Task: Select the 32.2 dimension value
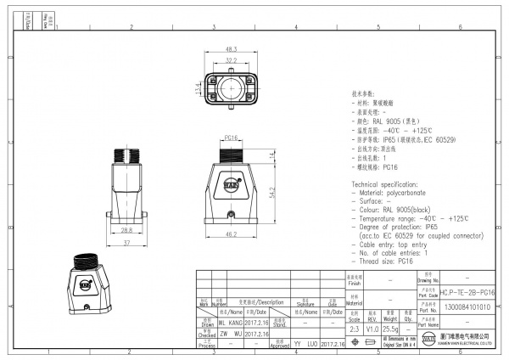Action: (x=231, y=59)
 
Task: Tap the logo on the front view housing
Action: (x=231, y=183)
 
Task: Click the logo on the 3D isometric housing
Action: (x=86, y=285)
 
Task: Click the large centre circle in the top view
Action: (x=231, y=88)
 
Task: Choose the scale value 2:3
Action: (x=355, y=327)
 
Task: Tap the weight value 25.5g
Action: (x=390, y=327)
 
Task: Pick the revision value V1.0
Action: (x=372, y=327)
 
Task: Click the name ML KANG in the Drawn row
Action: (x=231, y=323)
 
